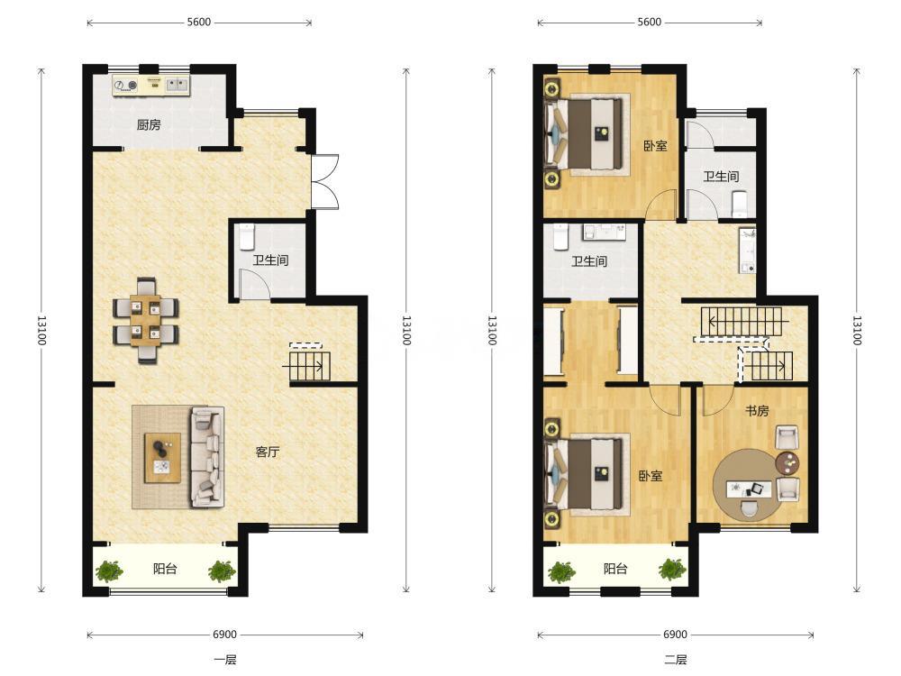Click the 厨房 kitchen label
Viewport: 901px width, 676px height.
[x=149, y=124]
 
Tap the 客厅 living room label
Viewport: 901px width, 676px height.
[x=268, y=452]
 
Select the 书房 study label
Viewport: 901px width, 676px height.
[x=757, y=411]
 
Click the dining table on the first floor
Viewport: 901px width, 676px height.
[x=145, y=320]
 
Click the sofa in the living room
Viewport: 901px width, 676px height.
[x=207, y=457]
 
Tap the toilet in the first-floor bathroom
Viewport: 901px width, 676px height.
[x=247, y=236]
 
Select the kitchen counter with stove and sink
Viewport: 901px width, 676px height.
[x=151, y=86]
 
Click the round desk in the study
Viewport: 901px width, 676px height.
[x=747, y=485]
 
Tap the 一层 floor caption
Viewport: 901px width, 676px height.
[x=225, y=660]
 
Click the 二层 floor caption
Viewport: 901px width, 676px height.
[x=676, y=660]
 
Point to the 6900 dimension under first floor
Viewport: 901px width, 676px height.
[x=224, y=635]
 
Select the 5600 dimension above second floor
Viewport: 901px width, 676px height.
[x=650, y=23]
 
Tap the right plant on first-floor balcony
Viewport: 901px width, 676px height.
[x=222, y=571]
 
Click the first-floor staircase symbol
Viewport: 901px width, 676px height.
[x=309, y=362]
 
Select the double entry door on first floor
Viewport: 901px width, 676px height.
[x=325, y=182]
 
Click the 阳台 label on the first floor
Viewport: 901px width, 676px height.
[x=165, y=569]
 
